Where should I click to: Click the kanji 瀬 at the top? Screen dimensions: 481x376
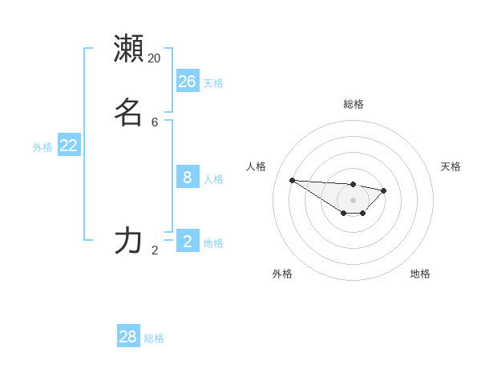click(x=128, y=48)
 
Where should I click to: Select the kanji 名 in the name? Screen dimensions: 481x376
click(x=128, y=112)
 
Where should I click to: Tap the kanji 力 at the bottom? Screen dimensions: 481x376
click(x=128, y=240)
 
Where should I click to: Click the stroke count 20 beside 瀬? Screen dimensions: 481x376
click(x=155, y=58)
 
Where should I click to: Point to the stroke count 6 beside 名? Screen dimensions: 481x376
click(x=155, y=122)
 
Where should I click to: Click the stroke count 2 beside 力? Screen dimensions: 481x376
click(x=155, y=250)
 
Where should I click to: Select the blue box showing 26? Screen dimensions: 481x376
click(x=188, y=81)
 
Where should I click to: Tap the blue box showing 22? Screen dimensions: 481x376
click(x=69, y=145)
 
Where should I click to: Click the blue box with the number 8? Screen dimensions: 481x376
click(x=188, y=177)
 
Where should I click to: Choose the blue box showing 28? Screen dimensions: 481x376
click(x=128, y=337)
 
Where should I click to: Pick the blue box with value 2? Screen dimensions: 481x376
click(x=188, y=241)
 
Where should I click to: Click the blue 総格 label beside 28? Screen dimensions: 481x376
click(x=154, y=338)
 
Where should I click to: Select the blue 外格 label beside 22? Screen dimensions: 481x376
click(x=42, y=147)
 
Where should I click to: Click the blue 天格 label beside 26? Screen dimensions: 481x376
click(x=213, y=83)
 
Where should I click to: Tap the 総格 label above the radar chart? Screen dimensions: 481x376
click(x=354, y=104)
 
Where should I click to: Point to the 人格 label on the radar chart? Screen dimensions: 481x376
click(x=257, y=166)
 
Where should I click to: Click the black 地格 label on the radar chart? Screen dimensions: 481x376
click(x=420, y=274)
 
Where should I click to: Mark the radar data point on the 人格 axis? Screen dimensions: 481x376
click(x=292, y=180)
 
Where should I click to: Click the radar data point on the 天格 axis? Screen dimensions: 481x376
click(x=384, y=190)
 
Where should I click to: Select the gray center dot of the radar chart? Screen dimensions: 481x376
click(x=354, y=200)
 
